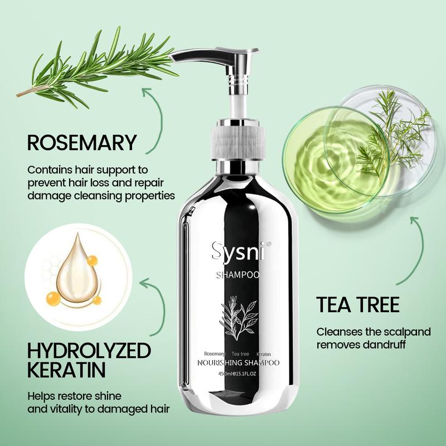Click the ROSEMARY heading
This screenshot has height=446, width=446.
pyautogui.click(x=82, y=143)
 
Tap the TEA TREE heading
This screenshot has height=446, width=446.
pyautogui.click(x=358, y=304)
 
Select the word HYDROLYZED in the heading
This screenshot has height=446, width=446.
pyautogui.click(x=89, y=351)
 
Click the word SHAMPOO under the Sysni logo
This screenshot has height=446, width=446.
pyautogui.click(x=239, y=275)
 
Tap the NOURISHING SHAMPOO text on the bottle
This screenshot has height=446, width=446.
pyautogui.click(x=239, y=363)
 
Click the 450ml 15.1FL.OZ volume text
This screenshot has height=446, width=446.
pyautogui.click(x=239, y=374)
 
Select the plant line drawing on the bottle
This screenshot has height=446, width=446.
pyautogui.click(x=239, y=317)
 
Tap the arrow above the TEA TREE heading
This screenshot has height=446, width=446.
pyautogui.click(x=417, y=250)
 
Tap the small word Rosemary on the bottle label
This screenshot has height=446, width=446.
pyautogui.click(x=215, y=354)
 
